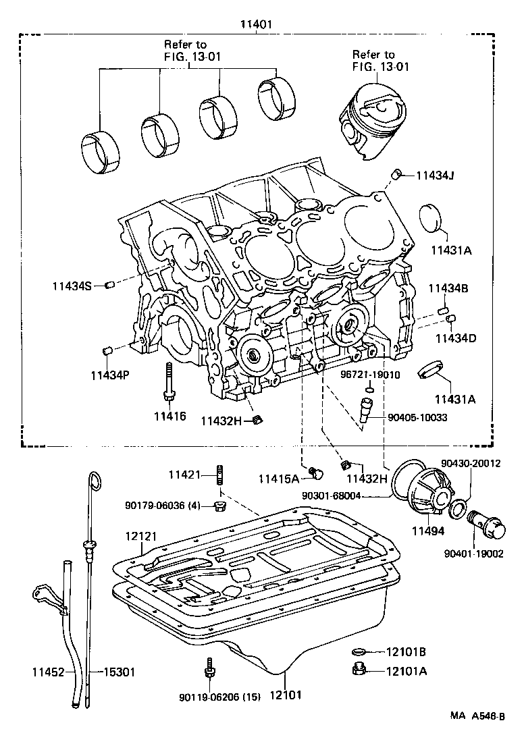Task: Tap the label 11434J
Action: coord(434,176)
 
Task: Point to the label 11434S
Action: coord(72,286)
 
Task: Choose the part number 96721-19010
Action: coord(370,374)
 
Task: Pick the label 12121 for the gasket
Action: coord(140,535)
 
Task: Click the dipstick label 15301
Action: coord(119,672)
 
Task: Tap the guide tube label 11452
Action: coord(49,672)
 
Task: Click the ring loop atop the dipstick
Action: coord(95,481)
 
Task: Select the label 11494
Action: coord(429,531)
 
